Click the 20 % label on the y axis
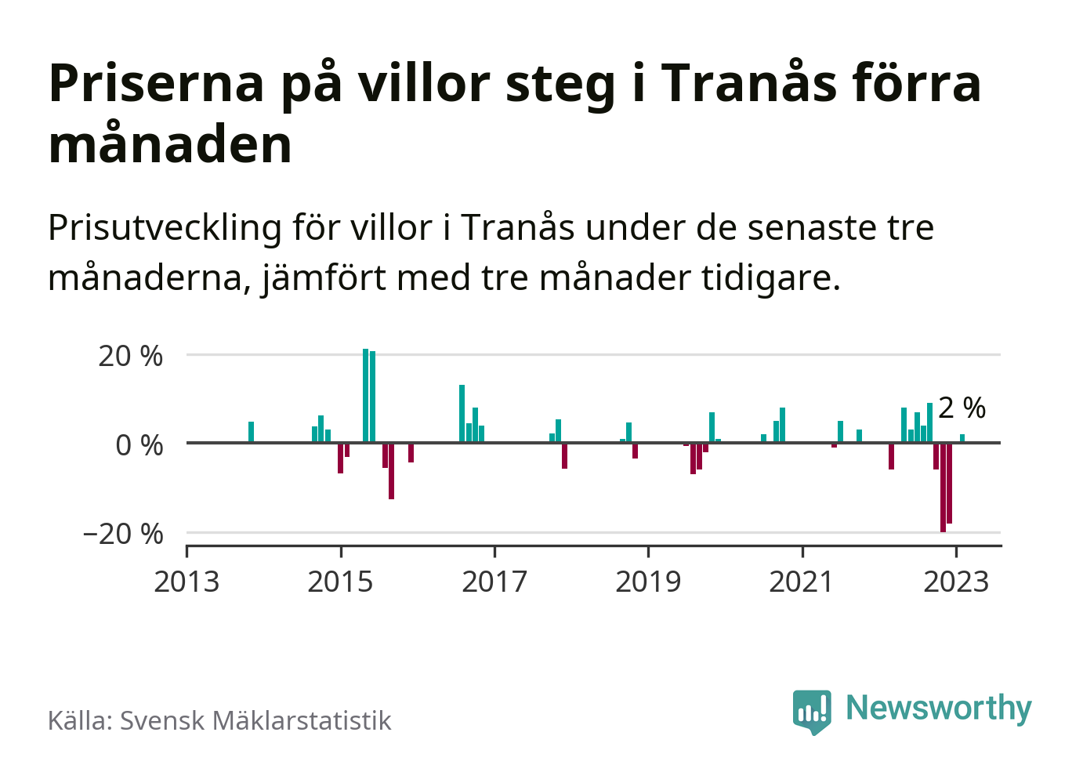pyautogui.click(x=130, y=356)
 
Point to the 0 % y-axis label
pyautogui.click(x=139, y=445)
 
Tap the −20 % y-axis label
pyautogui.click(x=123, y=534)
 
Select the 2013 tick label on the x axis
pyautogui.click(x=187, y=582)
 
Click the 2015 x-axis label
pyautogui.click(x=340, y=582)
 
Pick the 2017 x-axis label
pyautogui.click(x=494, y=582)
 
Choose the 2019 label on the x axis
pyautogui.click(x=648, y=582)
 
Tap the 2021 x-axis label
pyautogui.click(x=802, y=582)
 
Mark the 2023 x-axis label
pyautogui.click(x=956, y=582)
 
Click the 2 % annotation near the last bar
pyautogui.click(x=962, y=408)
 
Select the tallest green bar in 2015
pyautogui.click(x=366, y=396)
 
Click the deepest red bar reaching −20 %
pyautogui.click(x=943, y=488)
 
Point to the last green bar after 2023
pyautogui.click(x=962, y=438)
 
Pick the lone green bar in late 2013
pyautogui.click(x=251, y=432)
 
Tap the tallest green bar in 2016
pyautogui.click(x=462, y=414)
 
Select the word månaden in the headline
pyautogui.click(x=170, y=145)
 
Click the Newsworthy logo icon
pyautogui.click(x=812, y=711)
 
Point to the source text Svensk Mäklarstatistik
pyautogui.click(x=255, y=720)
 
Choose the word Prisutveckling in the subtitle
pyautogui.click(x=165, y=228)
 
